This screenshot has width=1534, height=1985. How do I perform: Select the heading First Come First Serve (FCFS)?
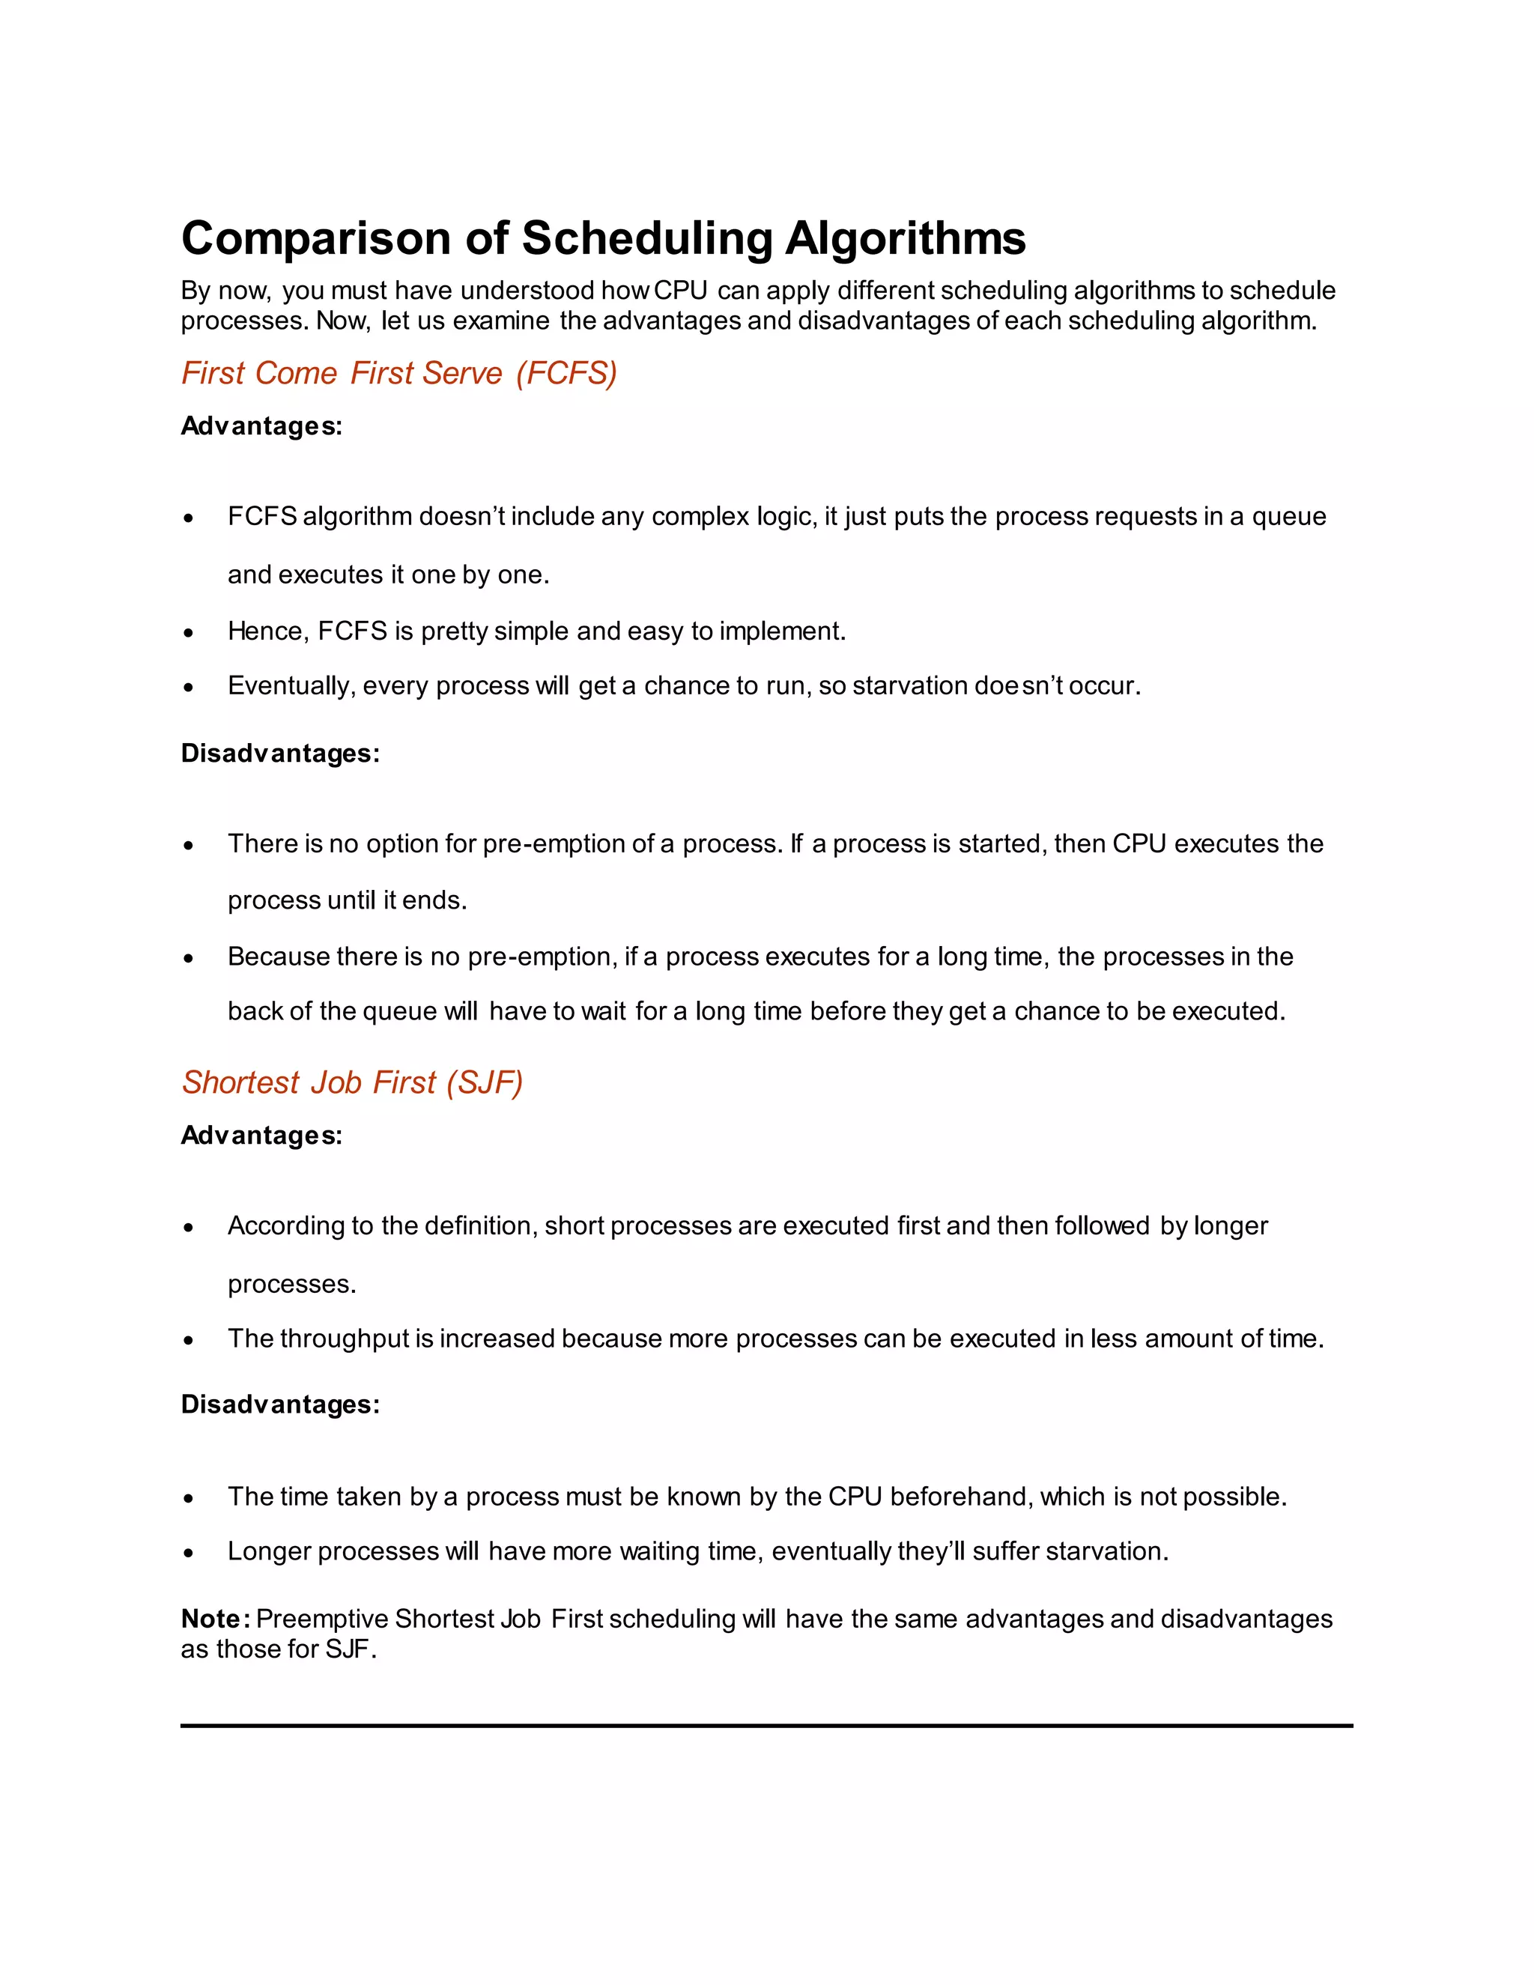[x=399, y=374]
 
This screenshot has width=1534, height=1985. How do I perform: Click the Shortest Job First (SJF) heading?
[x=353, y=1082]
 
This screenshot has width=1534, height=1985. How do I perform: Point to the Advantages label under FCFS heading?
[x=261, y=426]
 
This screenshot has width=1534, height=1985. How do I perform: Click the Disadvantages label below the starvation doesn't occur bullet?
[x=280, y=754]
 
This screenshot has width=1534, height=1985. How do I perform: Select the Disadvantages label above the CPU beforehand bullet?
[x=280, y=1404]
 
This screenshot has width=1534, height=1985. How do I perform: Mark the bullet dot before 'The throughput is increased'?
[x=188, y=1340]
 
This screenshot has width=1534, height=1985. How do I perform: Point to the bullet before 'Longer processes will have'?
[x=188, y=1552]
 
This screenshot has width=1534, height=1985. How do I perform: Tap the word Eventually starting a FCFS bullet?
[x=291, y=686]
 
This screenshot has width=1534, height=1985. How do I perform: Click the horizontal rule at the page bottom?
[x=766, y=1725]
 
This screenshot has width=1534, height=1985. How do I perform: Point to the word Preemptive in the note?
[x=323, y=1619]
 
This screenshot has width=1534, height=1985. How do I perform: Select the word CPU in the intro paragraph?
[x=680, y=291]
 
